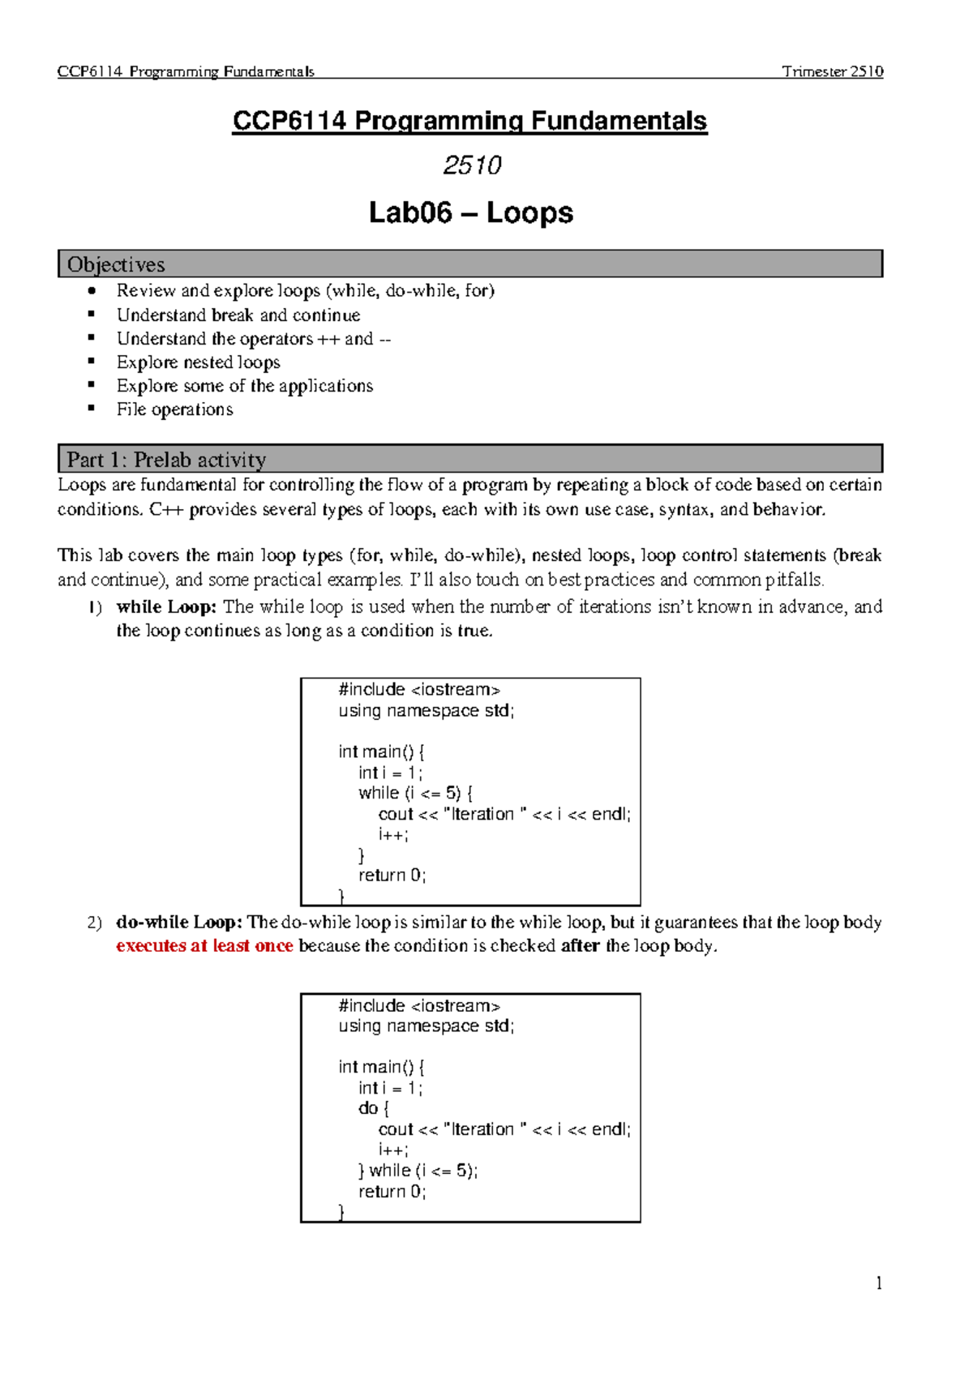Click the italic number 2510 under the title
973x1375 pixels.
point(472,165)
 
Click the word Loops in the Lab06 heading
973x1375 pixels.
point(529,213)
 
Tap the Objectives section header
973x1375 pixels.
point(116,264)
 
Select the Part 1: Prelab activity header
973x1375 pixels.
point(166,460)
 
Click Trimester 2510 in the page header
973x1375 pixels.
point(832,71)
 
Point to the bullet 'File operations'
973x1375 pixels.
point(174,409)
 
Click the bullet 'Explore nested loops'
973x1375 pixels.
point(198,362)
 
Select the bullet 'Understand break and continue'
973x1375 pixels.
point(238,315)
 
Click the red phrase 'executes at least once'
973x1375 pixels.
point(204,946)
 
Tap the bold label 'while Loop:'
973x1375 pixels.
point(166,606)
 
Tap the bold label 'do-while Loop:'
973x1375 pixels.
point(179,923)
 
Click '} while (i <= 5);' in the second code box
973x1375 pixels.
point(418,1171)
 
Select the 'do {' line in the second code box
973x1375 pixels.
point(374,1108)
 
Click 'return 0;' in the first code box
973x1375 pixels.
point(392,876)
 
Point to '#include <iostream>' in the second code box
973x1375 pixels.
point(418,1006)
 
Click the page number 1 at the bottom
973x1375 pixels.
point(879,1283)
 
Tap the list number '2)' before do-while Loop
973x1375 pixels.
point(95,923)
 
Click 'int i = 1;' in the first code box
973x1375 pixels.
point(390,773)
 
